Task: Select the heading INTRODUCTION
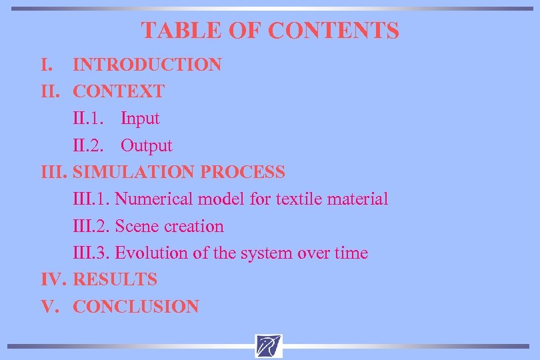click(x=147, y=65)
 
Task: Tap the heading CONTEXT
click(x=119, y=91)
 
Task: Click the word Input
click(x=140, y=119)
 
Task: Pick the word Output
click(x=146, y=145)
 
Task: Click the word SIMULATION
click(x=135, y=172)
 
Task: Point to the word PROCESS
click(x=243, y=172)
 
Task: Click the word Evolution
click(x=152, y=253)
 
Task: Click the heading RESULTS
click(x=115, y=279)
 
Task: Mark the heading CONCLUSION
click(x=136, y=307)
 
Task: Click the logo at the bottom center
click(x=269, y=345)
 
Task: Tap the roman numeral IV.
click(x=52, y=279)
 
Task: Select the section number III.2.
click(x=91, y=226)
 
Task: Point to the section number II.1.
click(x=88, y=119)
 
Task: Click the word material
click(x=358, y=199)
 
